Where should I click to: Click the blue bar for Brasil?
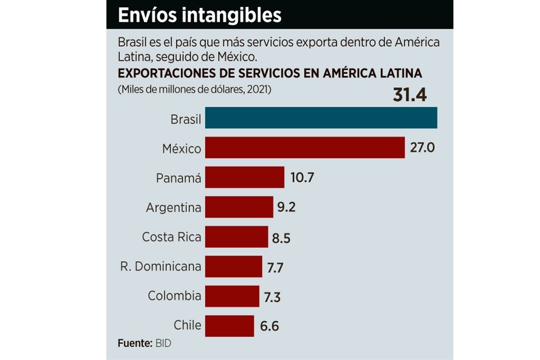321,118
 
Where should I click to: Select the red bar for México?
304,148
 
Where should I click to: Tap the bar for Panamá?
244,177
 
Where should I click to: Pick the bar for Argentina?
238,206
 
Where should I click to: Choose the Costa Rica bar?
236,237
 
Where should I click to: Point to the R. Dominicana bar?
233,266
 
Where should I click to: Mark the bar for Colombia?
232,296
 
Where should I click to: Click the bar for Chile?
229,326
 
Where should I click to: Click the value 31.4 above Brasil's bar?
409,95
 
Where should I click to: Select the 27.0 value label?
423,148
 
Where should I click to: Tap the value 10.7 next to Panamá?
302,178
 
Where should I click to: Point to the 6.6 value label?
269,326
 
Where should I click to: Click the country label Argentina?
173,208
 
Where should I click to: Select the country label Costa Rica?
171,237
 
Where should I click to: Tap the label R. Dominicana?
161,266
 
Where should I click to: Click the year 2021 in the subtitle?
258,89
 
